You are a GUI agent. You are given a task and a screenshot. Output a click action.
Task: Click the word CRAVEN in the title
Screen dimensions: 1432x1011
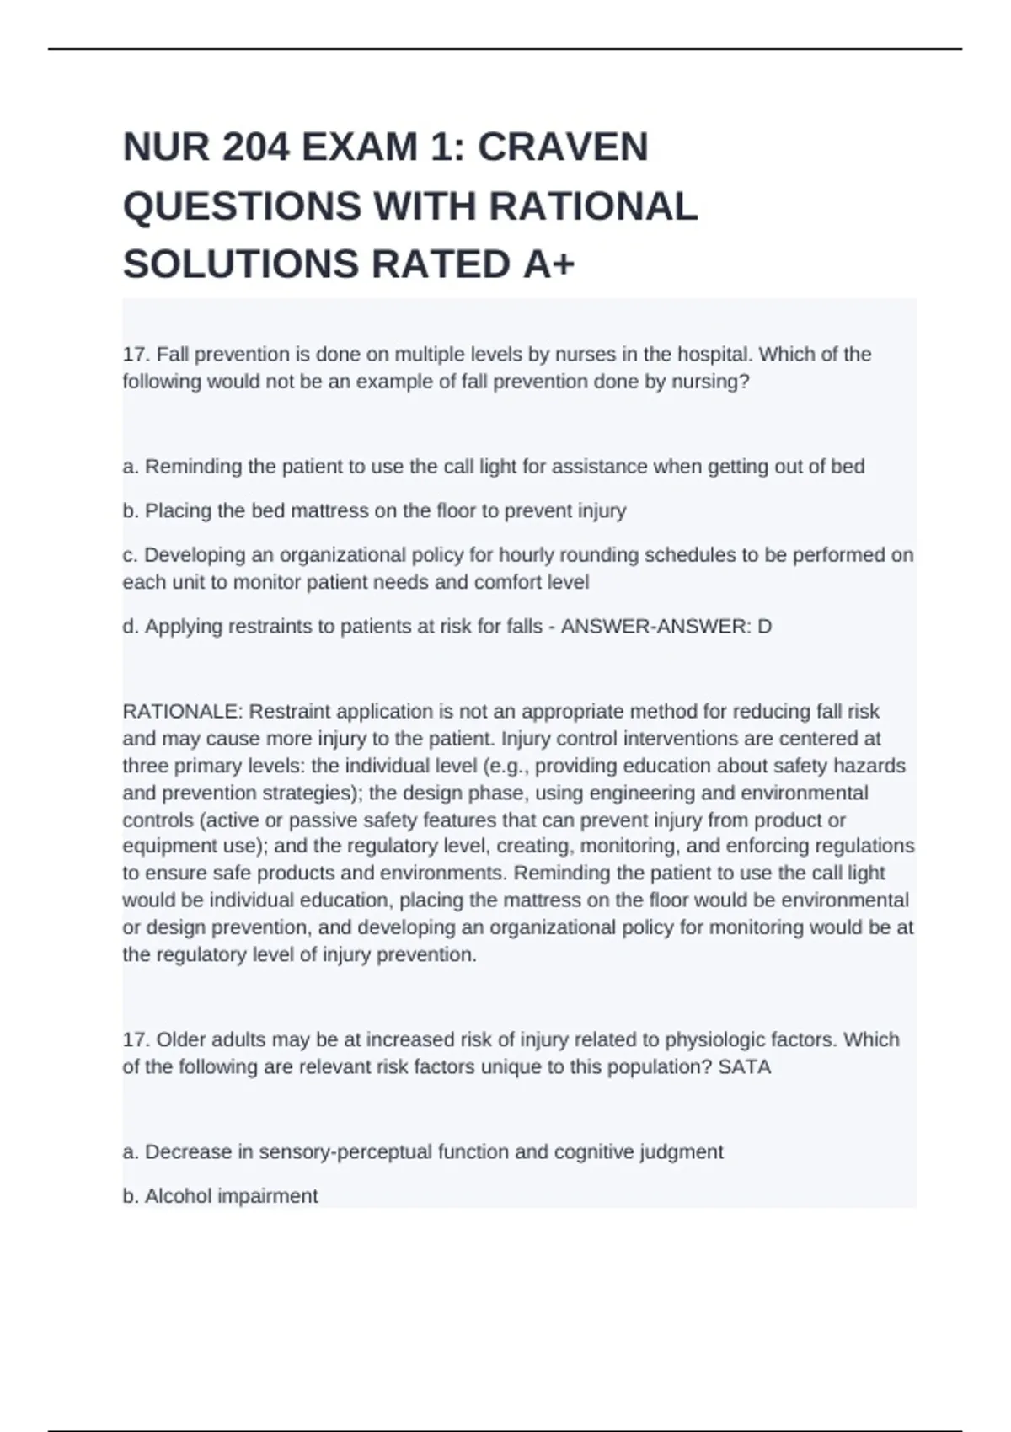(563, 147)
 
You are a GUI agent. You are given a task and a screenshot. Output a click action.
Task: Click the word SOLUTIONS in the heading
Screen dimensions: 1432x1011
(241, 264)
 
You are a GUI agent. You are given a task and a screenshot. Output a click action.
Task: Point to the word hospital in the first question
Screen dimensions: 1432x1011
(714, 354)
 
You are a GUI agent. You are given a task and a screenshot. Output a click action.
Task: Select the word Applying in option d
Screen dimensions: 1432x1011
(181, 627)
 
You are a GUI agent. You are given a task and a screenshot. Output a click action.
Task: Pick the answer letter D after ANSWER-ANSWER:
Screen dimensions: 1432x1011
(765, 627)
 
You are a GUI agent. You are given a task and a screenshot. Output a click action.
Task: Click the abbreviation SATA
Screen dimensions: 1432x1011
(745, 1067)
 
